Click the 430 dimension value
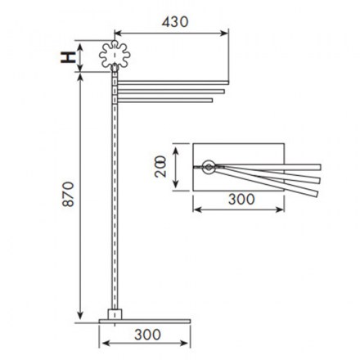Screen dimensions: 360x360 [x=175, y=22]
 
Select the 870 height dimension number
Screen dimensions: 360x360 [x=68, y=194]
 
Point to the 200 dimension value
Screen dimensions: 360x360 [x=160, y=166]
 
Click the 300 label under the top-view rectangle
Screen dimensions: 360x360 [x=241, y=199]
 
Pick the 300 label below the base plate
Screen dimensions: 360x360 [x=147, y=335]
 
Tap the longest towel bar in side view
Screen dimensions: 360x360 [x=173, y=83]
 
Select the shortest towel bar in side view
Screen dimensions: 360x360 [x=164, y=101]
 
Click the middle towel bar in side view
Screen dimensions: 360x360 [x=171, y=92]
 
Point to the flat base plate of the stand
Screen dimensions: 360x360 [x=145, y=322]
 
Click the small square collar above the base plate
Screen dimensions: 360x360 [x=115, y=314]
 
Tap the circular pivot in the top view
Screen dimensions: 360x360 [x=209, y=167]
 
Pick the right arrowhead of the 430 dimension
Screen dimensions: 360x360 [x=224, y=34]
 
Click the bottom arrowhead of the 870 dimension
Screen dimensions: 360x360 [x=79, y=316]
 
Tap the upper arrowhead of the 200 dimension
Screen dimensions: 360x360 [x=176, y=151]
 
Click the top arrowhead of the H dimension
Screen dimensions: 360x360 [x=79, y=48]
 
